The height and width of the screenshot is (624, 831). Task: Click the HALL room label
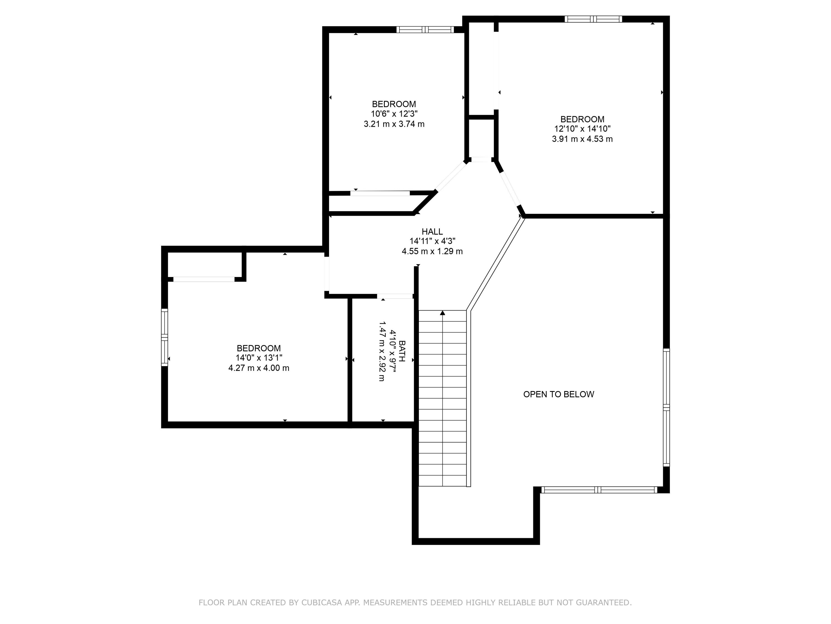(432, 232)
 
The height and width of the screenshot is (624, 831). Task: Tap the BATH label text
(402, 351)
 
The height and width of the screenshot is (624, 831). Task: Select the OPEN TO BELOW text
(559, 394)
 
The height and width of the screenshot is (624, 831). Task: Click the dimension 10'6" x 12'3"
(394, 114)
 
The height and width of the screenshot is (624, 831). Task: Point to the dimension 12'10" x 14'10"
(582, 129)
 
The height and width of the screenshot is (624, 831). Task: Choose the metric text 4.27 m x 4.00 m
(259, 368)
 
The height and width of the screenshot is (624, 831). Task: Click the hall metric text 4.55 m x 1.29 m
(432, 251)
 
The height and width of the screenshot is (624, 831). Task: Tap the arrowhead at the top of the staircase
(443, 313)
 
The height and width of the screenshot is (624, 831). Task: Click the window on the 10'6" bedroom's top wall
(425, 30)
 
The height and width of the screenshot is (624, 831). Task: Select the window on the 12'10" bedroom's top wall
(593, 19)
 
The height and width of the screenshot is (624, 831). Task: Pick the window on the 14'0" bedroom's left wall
(165, 337)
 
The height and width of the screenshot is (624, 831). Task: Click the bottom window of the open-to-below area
(599, 490)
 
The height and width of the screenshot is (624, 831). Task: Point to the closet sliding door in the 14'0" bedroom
(204, 279)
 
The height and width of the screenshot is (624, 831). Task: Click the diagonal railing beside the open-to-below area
(495, 263)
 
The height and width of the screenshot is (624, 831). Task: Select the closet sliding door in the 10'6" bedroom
(380, 193)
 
